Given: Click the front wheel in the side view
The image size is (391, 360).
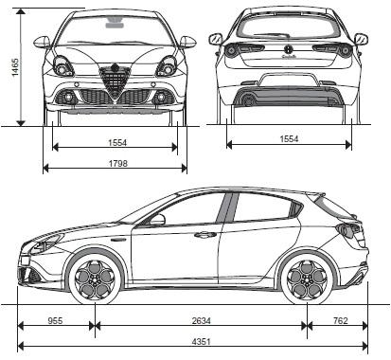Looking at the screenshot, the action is (x=96, y=278).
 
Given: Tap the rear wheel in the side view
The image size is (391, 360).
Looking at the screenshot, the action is (x=307, y=278).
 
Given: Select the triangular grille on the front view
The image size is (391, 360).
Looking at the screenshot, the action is (x=115, y=83).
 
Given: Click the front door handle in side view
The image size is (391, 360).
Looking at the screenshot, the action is (x=204, y=234).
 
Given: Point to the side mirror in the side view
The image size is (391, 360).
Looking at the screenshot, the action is (x=156, y=220).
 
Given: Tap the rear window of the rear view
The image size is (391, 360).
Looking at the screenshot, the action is (x=288, y=27).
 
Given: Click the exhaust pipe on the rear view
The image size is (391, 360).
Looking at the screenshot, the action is (x=248, y=99).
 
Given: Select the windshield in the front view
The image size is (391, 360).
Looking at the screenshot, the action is (x=115, y=30).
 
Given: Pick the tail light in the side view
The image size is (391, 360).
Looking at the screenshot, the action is (x=350, y=230).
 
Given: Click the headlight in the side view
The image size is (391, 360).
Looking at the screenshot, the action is (x=44, y=244).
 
